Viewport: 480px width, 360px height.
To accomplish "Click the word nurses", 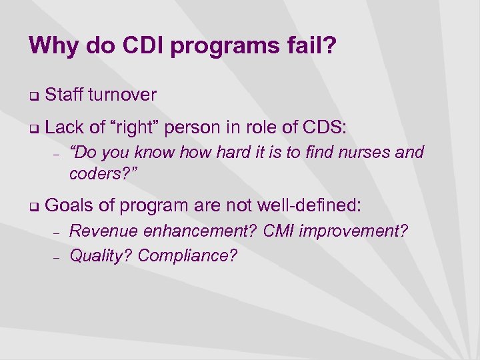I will click(x=365, y=153).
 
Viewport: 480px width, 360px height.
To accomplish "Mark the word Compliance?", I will click(x=187, y=255).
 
